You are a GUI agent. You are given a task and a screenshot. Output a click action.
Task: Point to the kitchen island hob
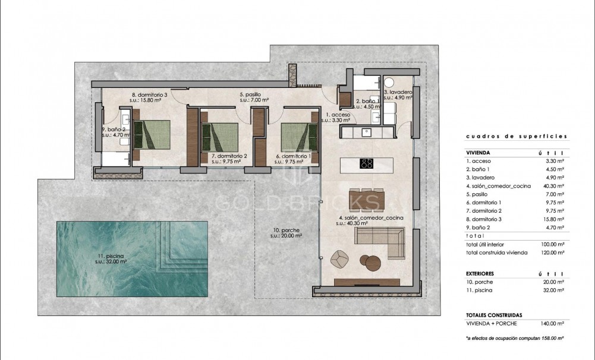tap(367, 164)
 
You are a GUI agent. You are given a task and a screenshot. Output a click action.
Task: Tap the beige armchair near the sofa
tap(339, 258)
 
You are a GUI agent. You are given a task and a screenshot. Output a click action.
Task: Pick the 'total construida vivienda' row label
tap(496, 252)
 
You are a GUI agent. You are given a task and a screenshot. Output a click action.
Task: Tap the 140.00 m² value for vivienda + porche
tap(552, 323)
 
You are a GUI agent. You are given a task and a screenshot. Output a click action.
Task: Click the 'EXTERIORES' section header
tap(481, 274)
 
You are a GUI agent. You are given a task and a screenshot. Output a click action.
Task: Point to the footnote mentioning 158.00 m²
tap(515, 337)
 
